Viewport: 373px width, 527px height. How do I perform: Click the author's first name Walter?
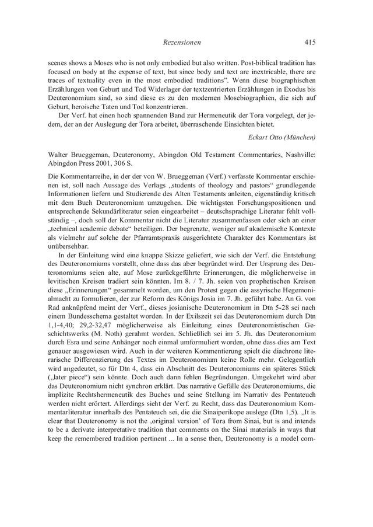point(62,156)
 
